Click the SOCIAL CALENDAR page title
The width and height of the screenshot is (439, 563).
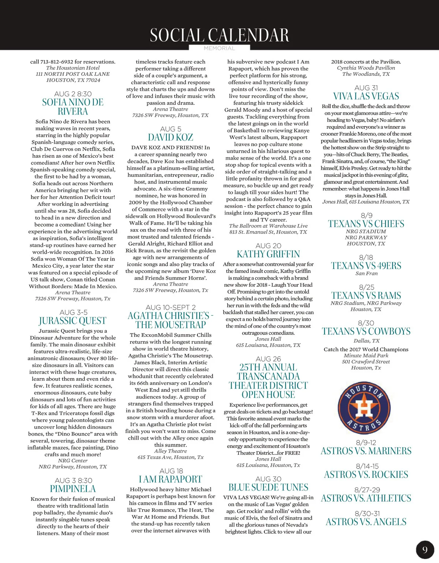(219, 35)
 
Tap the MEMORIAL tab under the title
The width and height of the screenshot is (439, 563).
(219, 48)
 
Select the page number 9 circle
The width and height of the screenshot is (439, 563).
(425, 549)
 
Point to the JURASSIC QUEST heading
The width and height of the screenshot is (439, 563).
(72, 321)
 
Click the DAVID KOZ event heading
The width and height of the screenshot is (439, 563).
(170, 138)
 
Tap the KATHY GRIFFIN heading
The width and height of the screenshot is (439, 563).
(268, 254)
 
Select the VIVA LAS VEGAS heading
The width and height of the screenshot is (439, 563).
(366, 96)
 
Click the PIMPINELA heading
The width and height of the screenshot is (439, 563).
(73, 489)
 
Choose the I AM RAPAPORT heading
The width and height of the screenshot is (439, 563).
(170, 480)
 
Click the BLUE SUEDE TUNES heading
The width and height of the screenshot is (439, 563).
(268, 488)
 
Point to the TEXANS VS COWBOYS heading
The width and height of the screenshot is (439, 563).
(366, 332)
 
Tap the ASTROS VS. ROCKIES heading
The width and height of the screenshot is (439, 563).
(366, 475)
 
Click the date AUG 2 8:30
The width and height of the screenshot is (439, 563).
(73, 94)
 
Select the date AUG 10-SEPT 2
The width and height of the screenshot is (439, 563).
(170, 307)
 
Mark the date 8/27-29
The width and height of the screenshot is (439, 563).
(367, 490)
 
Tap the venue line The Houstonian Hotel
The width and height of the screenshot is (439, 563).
(73, 68)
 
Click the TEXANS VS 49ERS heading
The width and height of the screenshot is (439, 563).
(366, 266)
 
